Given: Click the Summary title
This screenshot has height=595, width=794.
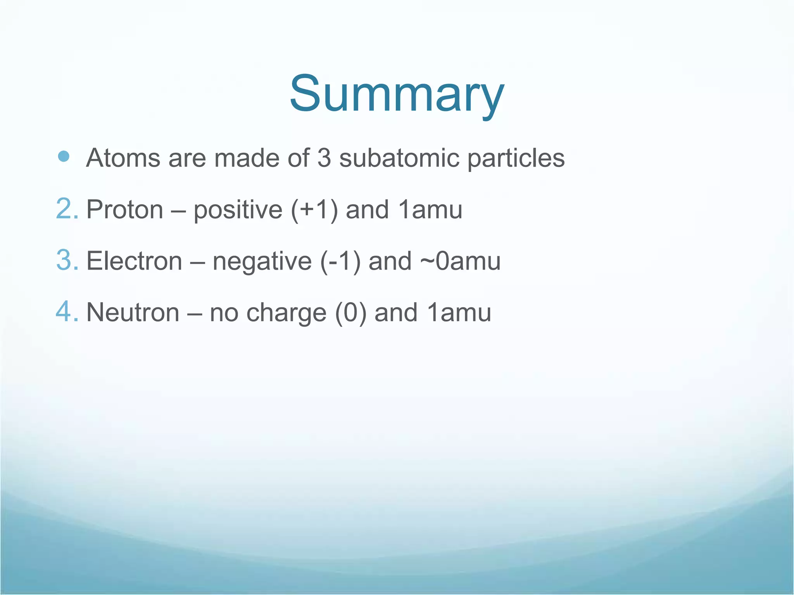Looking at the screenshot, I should point(397,94).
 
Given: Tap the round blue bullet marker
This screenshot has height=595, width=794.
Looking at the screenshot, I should point(63,156).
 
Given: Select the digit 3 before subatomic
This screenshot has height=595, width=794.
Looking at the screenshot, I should point(324,158).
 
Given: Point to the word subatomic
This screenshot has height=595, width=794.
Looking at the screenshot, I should point(399,158).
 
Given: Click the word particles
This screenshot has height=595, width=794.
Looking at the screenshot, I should point(516,159).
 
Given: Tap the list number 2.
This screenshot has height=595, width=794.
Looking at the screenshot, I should point(67,209).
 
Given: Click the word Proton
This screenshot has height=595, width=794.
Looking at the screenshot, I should point(125,210).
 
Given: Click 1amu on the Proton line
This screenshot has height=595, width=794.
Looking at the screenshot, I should point(430,210).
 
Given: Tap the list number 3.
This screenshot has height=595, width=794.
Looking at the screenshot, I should point(67,260).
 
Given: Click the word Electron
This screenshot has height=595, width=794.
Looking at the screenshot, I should point(134,261).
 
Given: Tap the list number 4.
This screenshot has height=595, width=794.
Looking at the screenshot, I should point(67,312).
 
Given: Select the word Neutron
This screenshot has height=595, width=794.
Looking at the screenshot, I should point(133,312).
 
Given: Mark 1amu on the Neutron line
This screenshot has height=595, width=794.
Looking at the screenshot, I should point(459,312).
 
